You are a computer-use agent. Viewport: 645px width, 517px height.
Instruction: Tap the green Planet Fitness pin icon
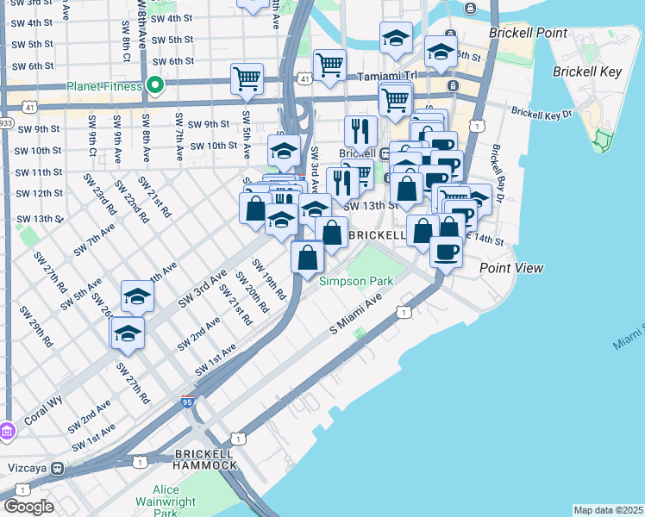pos(155,85)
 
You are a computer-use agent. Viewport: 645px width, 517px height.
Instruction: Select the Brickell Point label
pos(528,33)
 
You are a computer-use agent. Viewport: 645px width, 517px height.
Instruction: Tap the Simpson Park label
pos(356,281)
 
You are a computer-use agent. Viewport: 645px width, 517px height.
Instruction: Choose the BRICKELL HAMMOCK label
pos(205,458)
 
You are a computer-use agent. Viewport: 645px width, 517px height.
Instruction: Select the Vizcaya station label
pos(26,468)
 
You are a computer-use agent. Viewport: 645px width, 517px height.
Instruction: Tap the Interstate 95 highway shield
pos(188,402)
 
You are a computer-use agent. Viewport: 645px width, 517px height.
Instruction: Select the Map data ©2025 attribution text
pos(608,510)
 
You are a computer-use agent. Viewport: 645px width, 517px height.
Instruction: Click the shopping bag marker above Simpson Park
pos(307,257)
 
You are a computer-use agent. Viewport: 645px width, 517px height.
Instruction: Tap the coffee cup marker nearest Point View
pos(446,252)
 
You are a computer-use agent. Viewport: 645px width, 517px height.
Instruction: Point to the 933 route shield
pos(5,123)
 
